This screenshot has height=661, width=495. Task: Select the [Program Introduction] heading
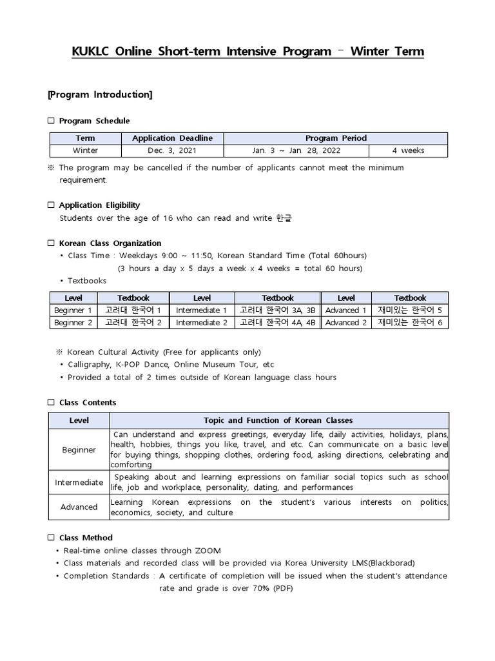click(100, 95)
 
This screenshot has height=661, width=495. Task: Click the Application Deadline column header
click(172, 138)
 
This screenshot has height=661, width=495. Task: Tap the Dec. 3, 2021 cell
click(172, 151)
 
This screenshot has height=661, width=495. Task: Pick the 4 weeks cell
click(408, 151)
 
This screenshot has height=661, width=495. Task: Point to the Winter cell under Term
click(85, 151)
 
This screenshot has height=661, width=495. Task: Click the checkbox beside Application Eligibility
click(52, 205)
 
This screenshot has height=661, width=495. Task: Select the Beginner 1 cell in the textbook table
click(73, 310)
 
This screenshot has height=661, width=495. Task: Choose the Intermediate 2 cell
click(202, 323)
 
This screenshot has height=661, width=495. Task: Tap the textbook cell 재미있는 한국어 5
click(410, 310)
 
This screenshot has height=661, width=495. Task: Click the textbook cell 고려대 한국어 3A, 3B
click(277, 310)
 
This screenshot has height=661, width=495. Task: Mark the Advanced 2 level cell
click(346, 323)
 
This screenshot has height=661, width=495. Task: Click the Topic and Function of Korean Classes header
click(278, 420)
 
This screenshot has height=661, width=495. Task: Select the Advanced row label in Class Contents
click(79, 507)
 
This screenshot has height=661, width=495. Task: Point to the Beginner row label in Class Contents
click(79, 449)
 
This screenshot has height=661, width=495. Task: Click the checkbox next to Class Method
click(52, 538)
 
